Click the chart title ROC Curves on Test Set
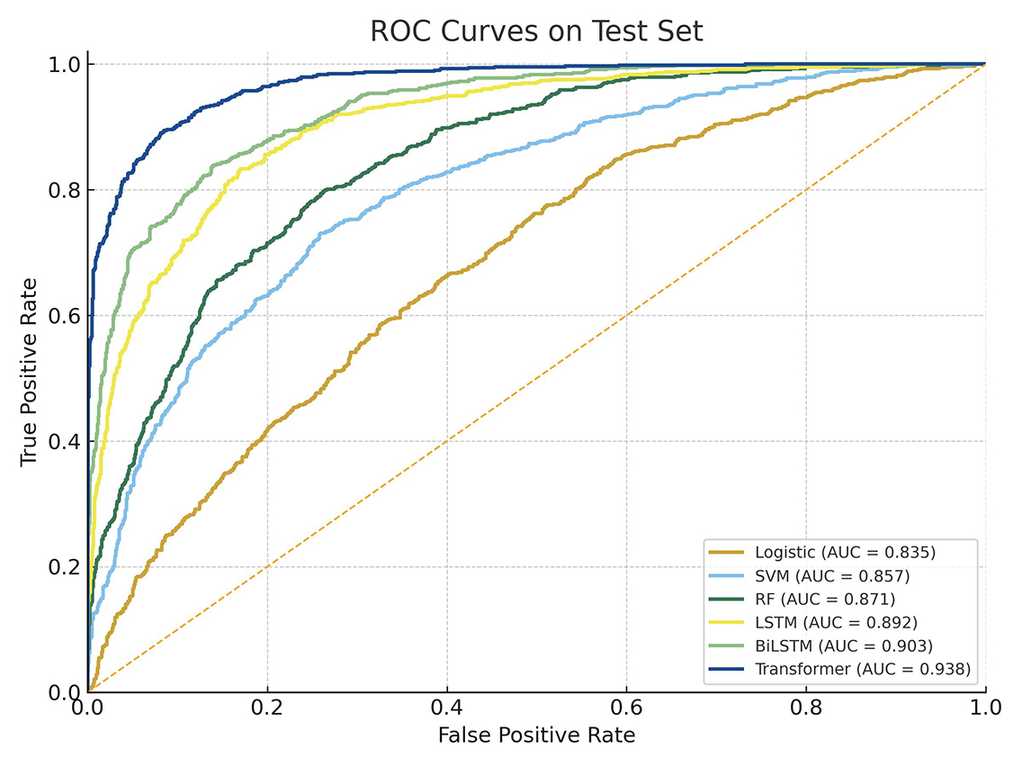[x=536, y=32]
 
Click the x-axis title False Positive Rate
[x=536, y=735]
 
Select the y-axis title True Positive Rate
[x=29, y=371]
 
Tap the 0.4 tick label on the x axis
[x=447, y=707]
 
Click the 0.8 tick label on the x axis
[x=806, y=707]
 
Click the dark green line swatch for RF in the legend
[x=727, y=599]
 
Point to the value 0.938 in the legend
[x=949, y=669]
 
